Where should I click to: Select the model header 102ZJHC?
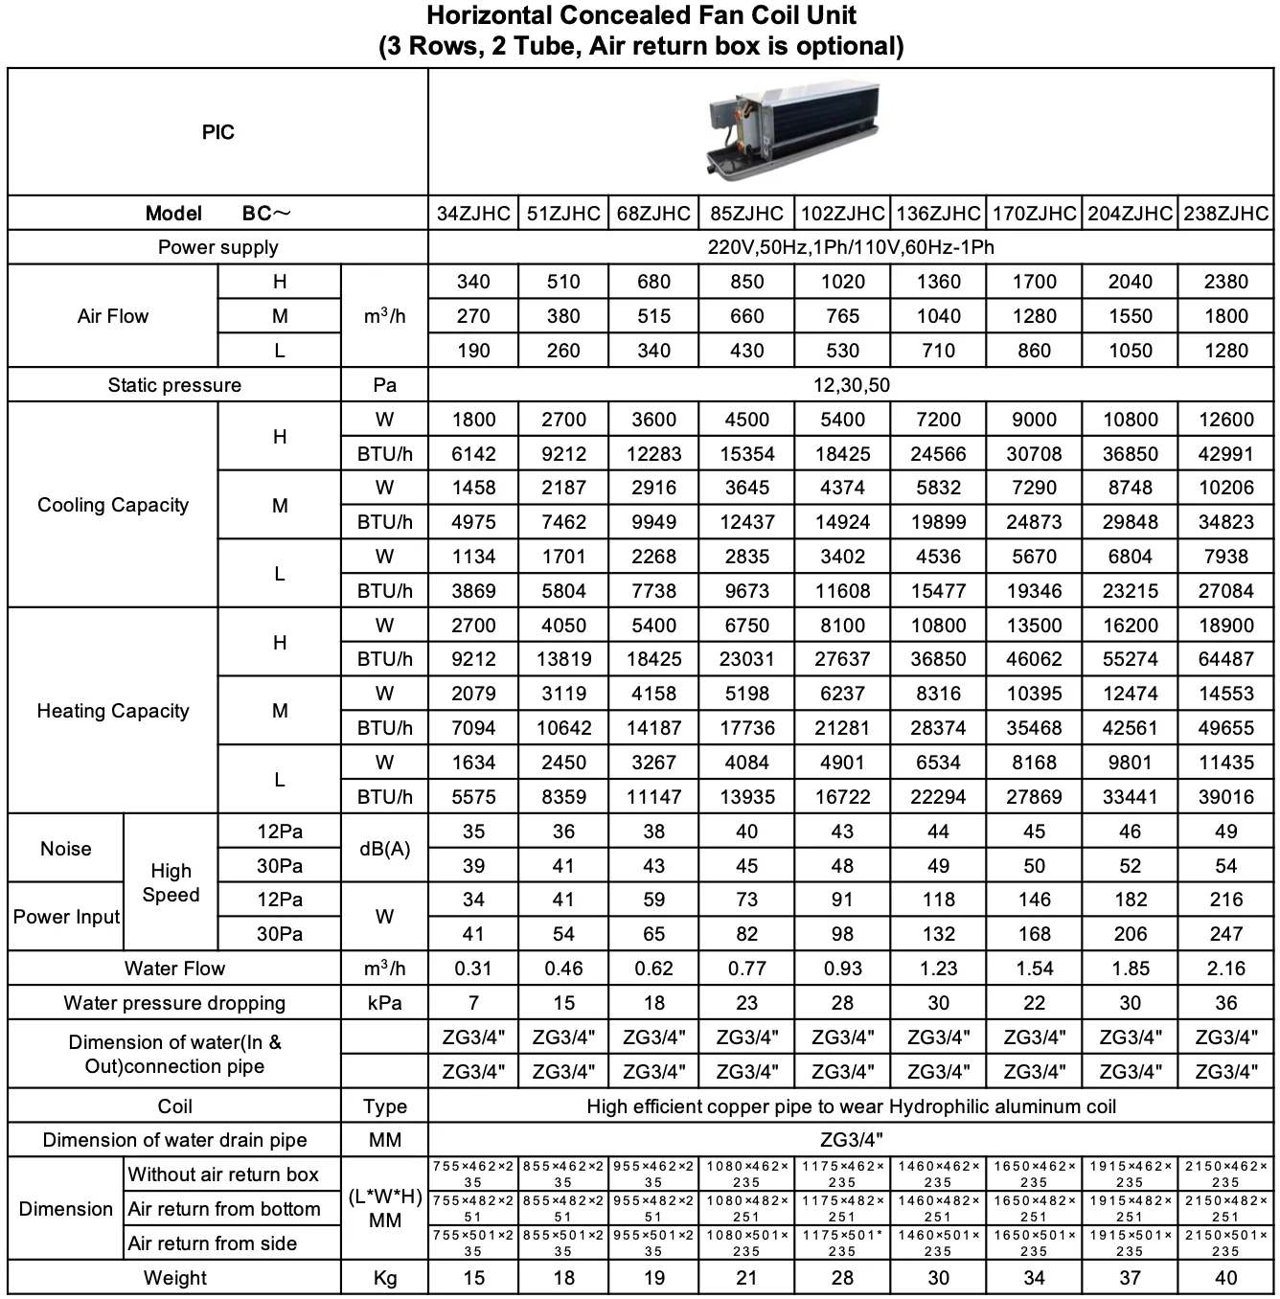point(842,214)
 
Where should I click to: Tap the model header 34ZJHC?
point(473,214)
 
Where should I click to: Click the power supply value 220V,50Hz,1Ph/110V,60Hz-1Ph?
point(851,247)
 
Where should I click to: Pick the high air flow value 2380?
point(1225,282)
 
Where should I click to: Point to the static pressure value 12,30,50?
point(851,385)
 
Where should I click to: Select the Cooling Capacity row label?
point(113,505)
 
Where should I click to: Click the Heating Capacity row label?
point(113,711)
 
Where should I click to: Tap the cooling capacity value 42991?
point(1225,454)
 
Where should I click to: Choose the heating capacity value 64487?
point(1225,659)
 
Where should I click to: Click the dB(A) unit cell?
point(384,849)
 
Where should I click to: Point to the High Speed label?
point(171,882)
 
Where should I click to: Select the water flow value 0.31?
point(473,969)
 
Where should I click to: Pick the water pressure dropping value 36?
point(1225,1003)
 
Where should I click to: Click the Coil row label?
point(174,1106)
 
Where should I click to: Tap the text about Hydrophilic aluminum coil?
point(851,1106)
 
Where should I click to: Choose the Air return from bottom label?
point(224,1209)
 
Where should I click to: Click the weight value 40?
point(1225,1278)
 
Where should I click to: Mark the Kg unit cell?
point(384,1278)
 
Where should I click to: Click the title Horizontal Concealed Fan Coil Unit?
point(641,15)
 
